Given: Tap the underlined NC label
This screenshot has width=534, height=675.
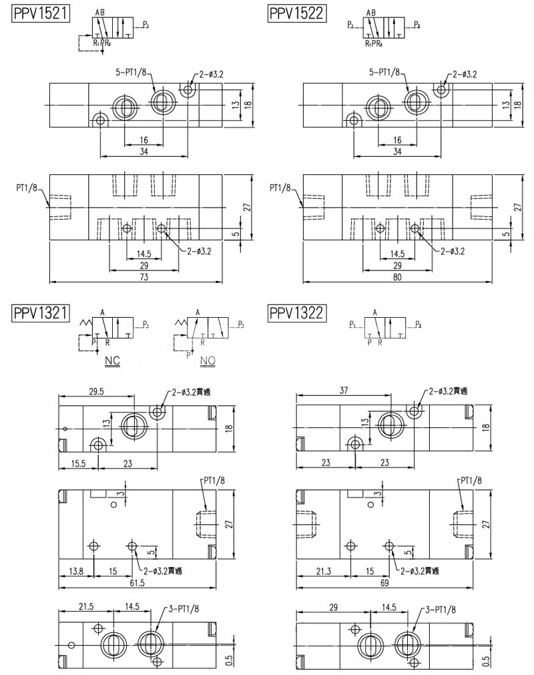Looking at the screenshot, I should click(112, 361).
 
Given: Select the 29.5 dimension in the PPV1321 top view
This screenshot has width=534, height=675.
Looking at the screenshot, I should click(97, 392).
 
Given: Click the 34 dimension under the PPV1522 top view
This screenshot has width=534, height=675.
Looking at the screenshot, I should click(398, 152).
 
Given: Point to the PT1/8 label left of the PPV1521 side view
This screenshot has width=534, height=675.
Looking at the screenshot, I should click(27, 188).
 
